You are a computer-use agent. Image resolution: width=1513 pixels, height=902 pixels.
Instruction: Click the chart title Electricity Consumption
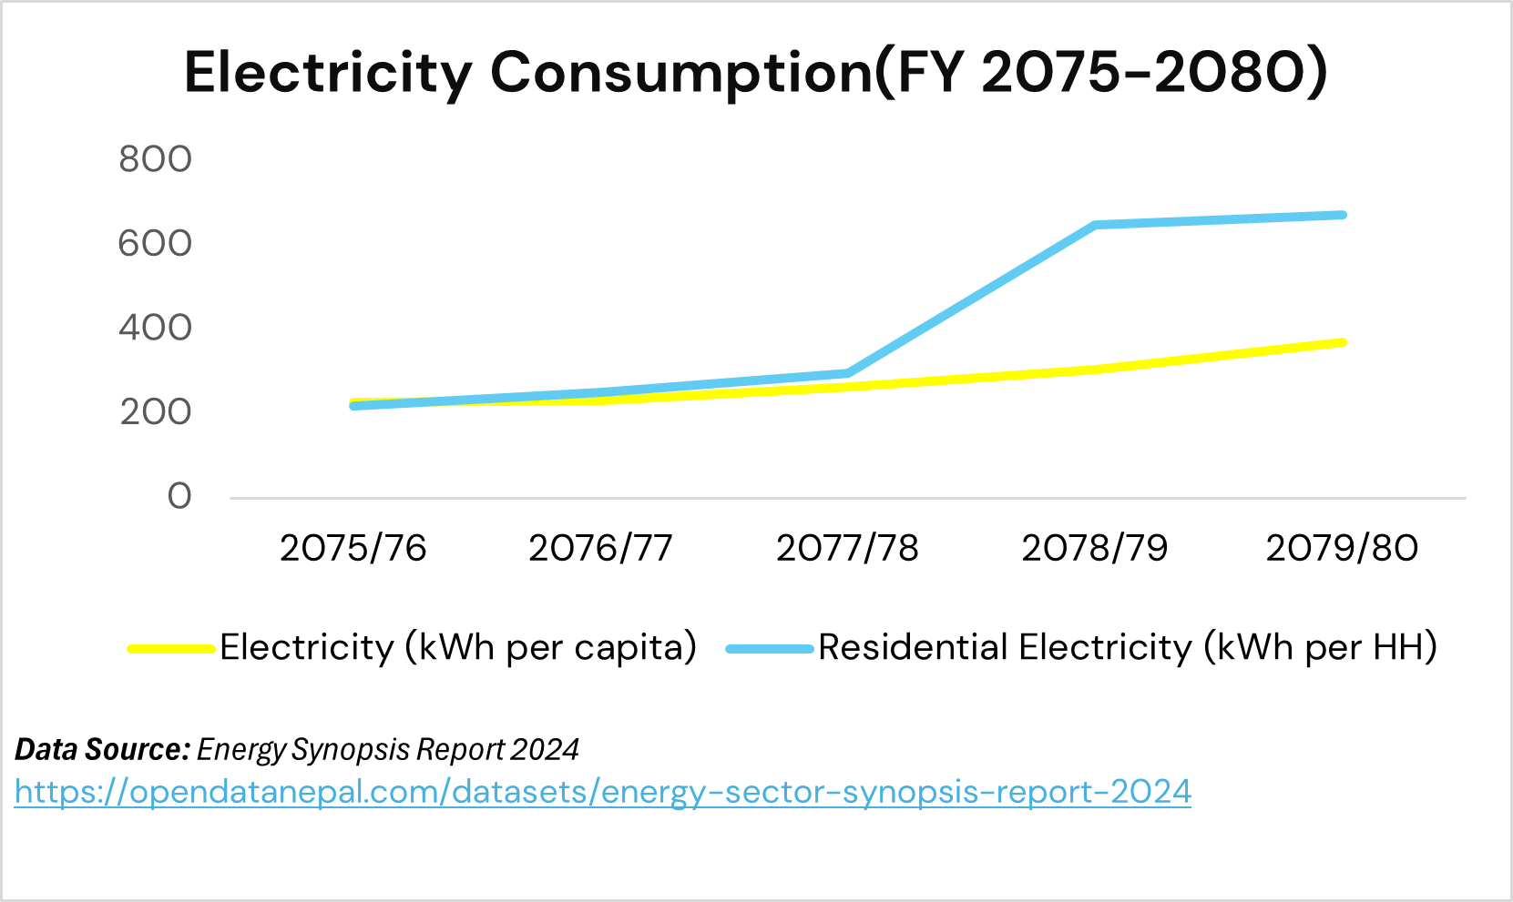coord(755,73)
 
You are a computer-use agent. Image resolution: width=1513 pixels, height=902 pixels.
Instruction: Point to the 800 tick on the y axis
coord(155,159)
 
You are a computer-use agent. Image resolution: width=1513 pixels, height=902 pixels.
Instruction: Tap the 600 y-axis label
coord(155,244)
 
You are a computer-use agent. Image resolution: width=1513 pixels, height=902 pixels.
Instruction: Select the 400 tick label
coord(155,328)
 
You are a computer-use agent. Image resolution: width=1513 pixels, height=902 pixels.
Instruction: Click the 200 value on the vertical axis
coord(155,412)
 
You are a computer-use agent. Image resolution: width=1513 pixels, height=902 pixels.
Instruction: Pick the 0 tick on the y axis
coord(179,497)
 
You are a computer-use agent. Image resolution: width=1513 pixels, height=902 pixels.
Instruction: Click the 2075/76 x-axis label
coord(353,548)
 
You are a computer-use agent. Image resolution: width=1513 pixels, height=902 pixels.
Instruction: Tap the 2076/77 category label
coord(600,548)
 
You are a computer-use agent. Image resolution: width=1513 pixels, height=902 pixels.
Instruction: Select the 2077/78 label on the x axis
coord(847,548)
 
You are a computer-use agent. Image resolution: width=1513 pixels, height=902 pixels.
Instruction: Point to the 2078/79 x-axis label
coord(1094,548)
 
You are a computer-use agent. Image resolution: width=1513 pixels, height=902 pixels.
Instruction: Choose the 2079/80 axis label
coord(1342,548)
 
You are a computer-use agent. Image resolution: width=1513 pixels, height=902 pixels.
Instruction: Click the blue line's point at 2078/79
coord(1095,225)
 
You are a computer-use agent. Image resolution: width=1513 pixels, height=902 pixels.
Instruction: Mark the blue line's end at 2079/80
coord(1342,216)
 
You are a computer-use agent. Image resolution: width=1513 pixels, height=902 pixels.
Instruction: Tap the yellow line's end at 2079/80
coord(1342,343)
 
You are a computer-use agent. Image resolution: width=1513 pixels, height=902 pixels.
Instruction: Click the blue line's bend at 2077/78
coord(847,373)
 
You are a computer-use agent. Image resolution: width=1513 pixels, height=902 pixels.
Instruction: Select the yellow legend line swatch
coord(171,649)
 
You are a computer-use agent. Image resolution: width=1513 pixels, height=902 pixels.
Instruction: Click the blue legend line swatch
coord(769,649)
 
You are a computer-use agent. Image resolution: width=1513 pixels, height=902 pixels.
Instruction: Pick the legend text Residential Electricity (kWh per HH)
coord(1128,647)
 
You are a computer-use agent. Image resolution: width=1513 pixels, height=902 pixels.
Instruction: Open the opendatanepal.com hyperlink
coord(602,792)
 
